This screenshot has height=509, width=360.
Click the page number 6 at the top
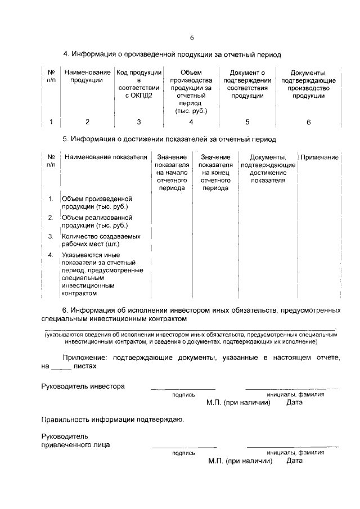(x=191, y=38)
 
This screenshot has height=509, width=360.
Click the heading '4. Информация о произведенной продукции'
(x=172, y=55)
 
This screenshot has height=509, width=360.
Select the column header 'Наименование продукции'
(x=87, y=76)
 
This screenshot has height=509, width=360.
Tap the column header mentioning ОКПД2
(x=139, y=84)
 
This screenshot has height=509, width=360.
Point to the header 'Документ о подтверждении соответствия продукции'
(x=248, y=84)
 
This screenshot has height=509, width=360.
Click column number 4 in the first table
(x=191, y=122)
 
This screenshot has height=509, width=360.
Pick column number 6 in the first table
(x=308, y=122)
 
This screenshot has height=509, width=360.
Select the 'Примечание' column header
(x=319, y=157)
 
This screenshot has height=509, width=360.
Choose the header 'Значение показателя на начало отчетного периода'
(x=172, y=173)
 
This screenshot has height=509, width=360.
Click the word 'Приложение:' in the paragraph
(x=85, y=357)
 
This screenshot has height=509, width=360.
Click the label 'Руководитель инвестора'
(x=83, y=386)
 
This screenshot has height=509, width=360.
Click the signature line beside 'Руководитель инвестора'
(x=183, y=388)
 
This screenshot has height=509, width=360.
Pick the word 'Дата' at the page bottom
(x=294, y=461)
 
